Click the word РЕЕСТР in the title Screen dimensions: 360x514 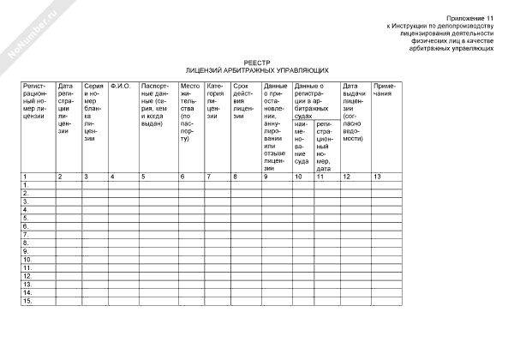[257, 62]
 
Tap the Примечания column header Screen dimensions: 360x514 [385, 90]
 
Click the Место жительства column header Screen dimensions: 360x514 [191, 111]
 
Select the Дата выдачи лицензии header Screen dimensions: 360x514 [355, 111]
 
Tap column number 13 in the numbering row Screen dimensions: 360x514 [378, 176]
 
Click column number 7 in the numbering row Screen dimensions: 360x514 [208, 176]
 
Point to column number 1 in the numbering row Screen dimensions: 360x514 [25, 176]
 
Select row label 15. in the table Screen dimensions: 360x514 [27, 301]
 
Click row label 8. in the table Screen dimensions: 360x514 [26, 243]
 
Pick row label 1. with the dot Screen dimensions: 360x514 [26, 184]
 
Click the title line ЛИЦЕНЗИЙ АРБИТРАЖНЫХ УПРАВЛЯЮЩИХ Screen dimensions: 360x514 [257, 69]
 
